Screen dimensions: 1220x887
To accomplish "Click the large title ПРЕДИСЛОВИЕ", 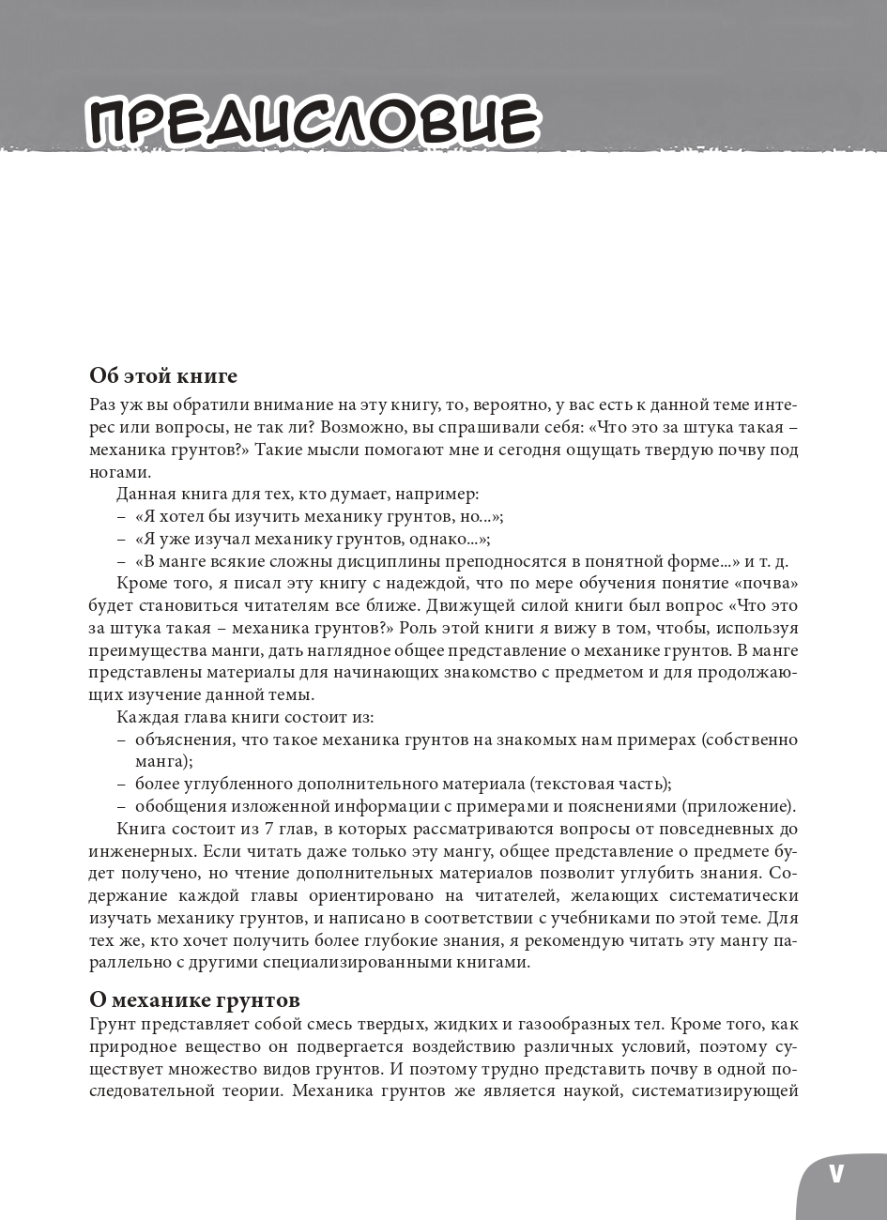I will [x=313, y=121].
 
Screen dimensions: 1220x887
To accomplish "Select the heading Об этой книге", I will [x=163, y=376].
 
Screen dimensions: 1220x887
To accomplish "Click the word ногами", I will [x=118, y=472].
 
